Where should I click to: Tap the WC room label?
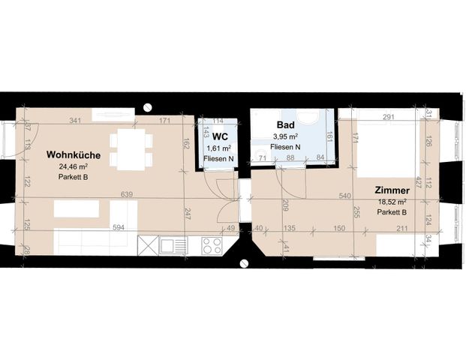click(220, 136)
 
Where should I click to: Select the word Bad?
click(285, 124)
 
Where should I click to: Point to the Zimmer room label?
click(390, 190)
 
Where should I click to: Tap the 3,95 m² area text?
click(285, 136)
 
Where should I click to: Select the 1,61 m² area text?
click(218, 148)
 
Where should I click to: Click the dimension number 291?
click(388, 117)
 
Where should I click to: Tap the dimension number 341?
click(74, 120)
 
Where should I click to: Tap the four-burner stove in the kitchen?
click(211, 245)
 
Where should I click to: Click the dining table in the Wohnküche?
click(131, 150)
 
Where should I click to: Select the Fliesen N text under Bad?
click(285, 147)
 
